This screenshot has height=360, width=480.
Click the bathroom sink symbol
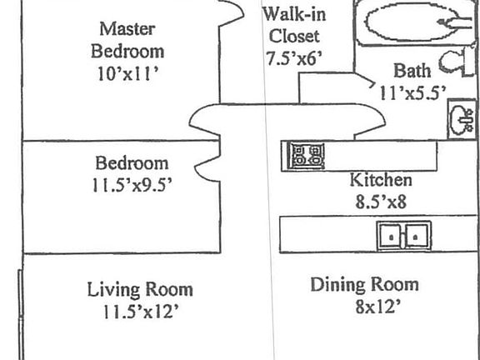pos(461,120)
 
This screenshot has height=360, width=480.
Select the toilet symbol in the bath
pos(454,62)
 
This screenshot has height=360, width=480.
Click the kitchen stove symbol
pos(306,155)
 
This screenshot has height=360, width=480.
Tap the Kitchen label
pos(379,179)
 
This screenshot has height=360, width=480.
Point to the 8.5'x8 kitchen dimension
pos(379,200)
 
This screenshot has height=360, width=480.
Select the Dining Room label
pos(364,284)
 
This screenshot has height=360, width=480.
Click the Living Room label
pos(140,289)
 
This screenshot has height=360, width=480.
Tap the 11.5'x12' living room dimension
pos(139,312)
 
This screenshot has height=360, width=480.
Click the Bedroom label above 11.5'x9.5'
pos(131,162)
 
